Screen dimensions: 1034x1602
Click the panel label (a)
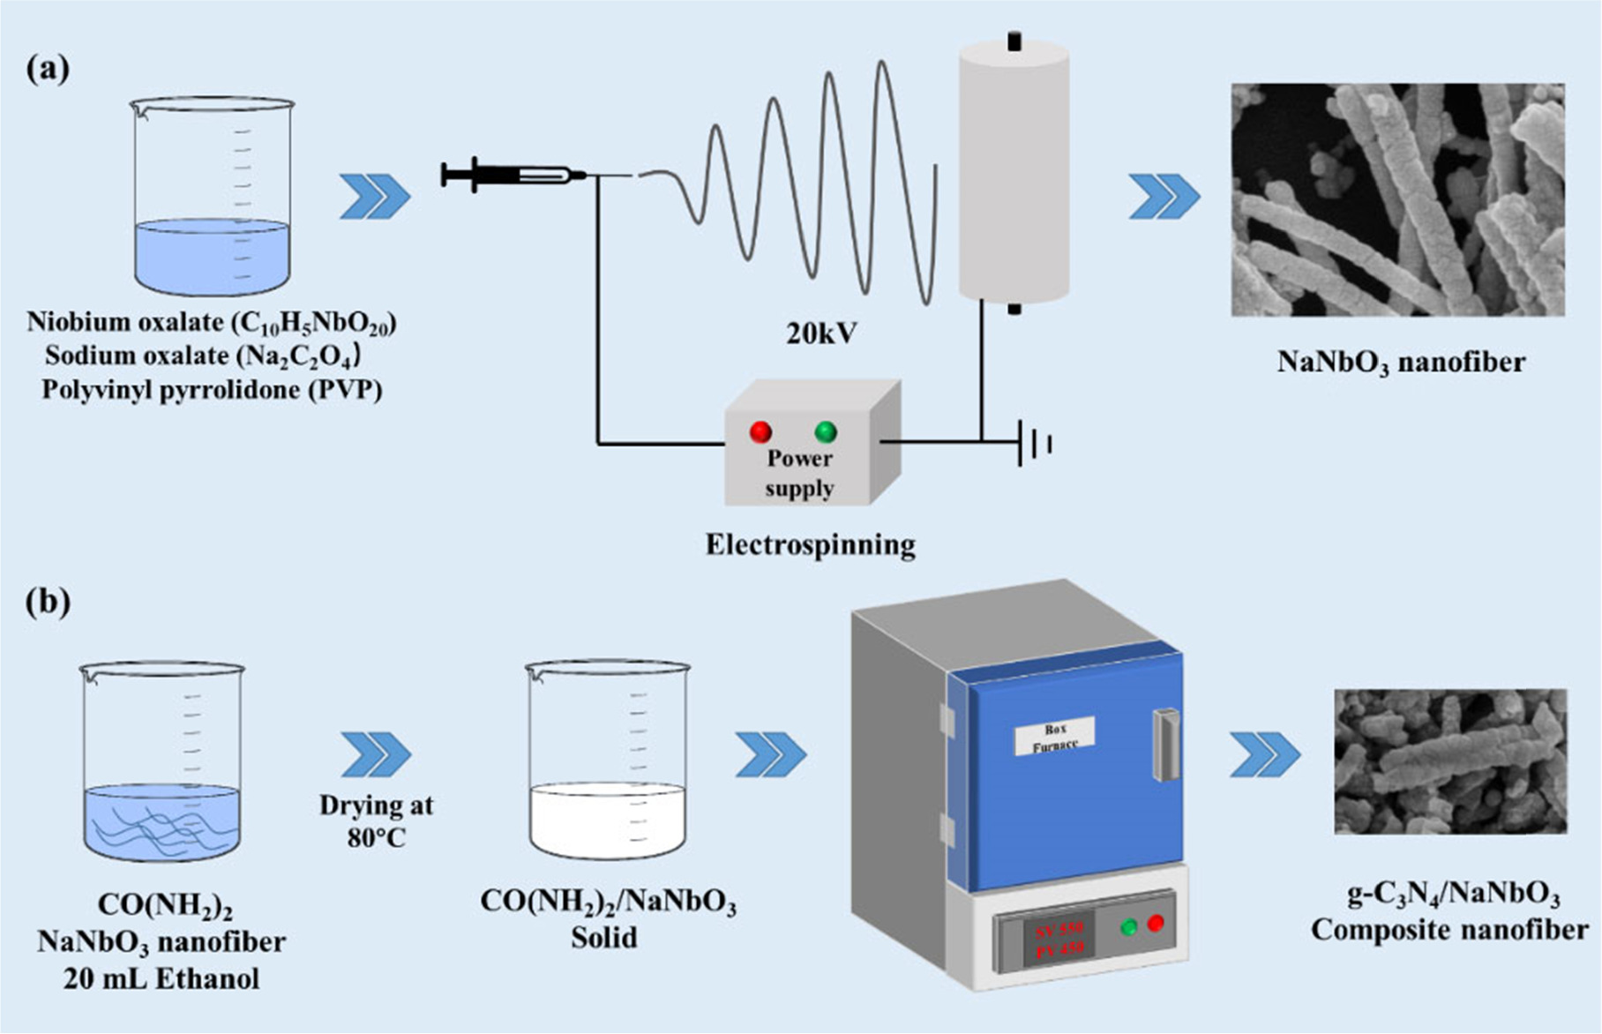48,68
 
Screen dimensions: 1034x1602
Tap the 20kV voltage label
821,333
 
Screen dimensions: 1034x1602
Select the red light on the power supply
760,431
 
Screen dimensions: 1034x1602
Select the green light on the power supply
826,431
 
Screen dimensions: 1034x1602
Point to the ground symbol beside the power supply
1034,442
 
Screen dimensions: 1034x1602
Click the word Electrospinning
810,544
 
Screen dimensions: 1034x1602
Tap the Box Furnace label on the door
1055,735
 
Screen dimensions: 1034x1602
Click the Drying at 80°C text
377,820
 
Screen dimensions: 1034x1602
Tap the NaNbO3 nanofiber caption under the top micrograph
1401,362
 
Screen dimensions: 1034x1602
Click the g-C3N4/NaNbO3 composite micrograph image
1450,761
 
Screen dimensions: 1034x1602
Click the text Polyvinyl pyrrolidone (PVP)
212,390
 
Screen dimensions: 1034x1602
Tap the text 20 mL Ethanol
161,978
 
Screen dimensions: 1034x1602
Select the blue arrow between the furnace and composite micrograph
1265,755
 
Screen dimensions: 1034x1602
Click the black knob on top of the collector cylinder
1014,41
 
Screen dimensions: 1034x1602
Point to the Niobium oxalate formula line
212,323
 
